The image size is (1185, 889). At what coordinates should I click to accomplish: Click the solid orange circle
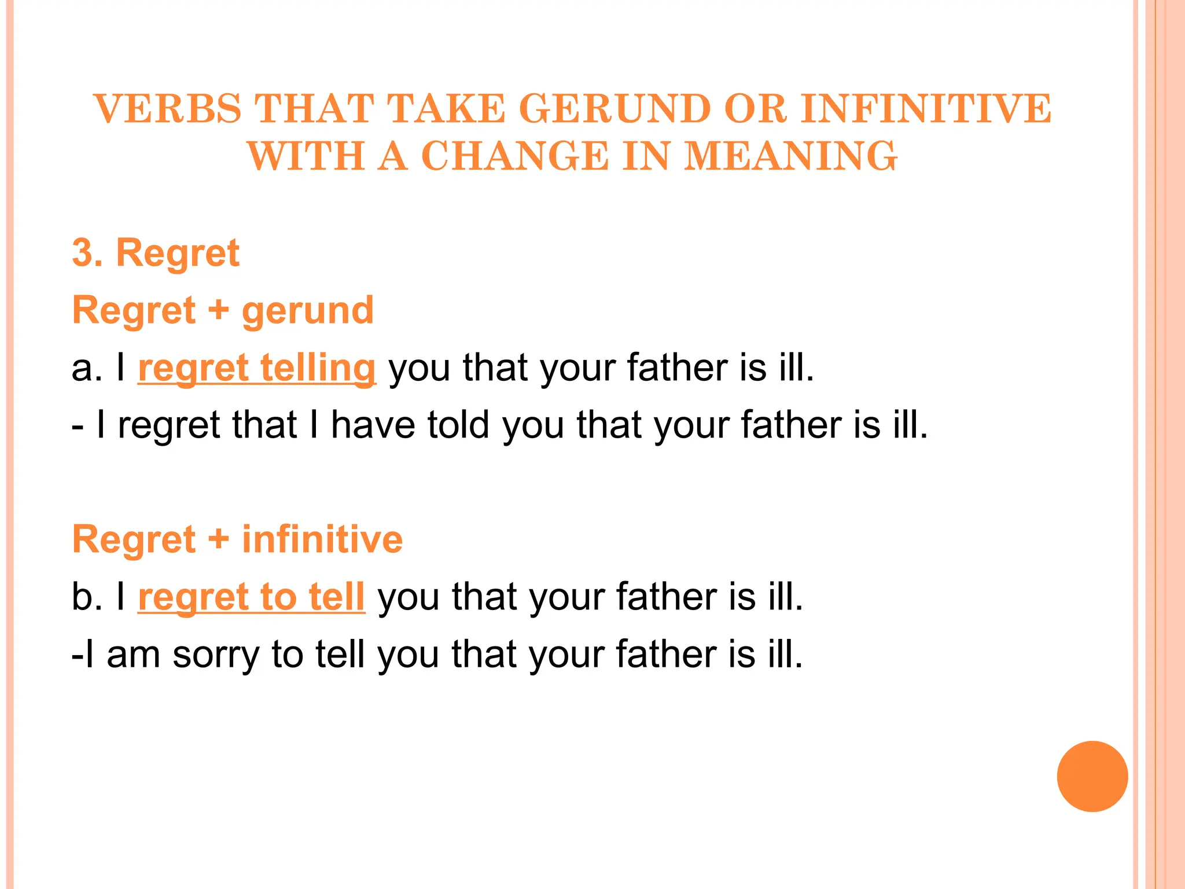1092,776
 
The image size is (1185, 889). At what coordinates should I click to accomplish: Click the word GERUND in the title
614,109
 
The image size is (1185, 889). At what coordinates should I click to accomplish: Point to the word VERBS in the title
168,109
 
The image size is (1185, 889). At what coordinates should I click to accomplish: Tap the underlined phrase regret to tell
251,597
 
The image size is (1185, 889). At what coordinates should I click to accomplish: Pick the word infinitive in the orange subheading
322,539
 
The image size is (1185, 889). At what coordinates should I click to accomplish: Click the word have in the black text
373,425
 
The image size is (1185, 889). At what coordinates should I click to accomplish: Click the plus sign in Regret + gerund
218,310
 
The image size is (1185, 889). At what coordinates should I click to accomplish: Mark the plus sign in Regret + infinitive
218,539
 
